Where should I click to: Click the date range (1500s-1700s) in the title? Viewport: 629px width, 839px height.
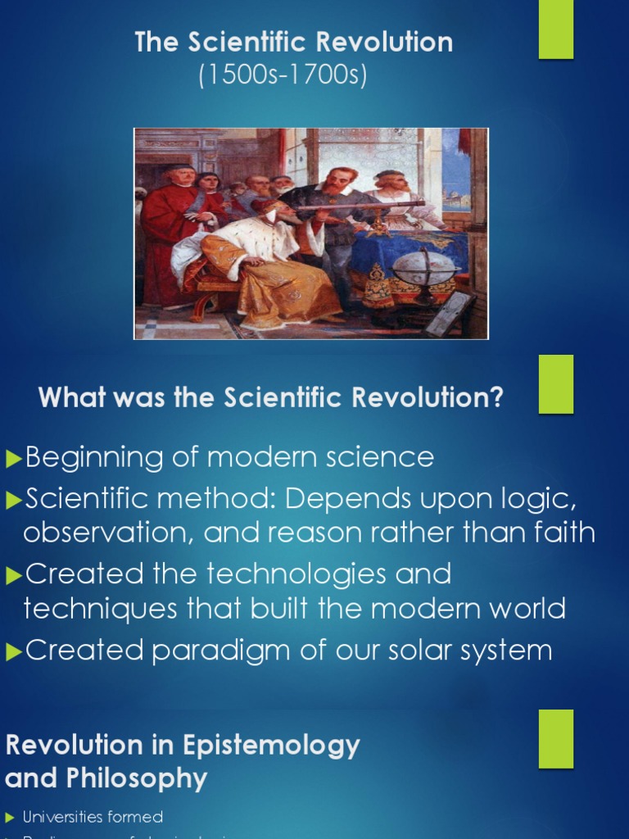[x=283, y=75]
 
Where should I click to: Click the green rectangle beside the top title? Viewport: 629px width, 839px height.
[x=555, y=29]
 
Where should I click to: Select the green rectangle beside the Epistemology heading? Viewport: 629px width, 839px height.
[x=555, y=738]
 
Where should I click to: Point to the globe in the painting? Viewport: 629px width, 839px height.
[x=424, y=271]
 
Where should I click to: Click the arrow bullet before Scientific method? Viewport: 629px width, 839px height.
[x=13, y=498]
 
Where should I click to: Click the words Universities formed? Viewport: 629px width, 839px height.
[x=93, y=817]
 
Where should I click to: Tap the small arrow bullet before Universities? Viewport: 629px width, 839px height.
[x=10, y=817]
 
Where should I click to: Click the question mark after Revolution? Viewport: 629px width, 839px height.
[x=496, y=399]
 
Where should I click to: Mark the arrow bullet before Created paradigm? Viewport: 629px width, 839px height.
[x=13, y=652]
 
